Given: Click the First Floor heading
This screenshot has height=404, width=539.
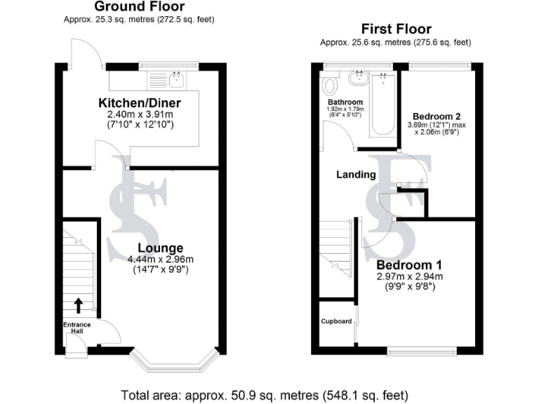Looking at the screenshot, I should coord(396,29).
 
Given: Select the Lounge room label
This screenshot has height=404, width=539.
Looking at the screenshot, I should coord(160,248).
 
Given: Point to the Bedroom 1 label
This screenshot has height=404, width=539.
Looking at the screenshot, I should coord(409,265).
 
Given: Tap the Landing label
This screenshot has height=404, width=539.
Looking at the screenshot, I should coord(357,174).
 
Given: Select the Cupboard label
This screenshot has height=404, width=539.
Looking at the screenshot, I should coord(336,321).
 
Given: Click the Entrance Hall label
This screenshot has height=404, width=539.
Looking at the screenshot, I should coord(78,327).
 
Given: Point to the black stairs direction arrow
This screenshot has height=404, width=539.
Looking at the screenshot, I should coord(78,304).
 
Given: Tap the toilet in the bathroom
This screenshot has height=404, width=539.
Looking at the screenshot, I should coord(330,86).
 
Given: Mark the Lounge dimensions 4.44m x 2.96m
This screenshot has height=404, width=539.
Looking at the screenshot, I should coord(160,260).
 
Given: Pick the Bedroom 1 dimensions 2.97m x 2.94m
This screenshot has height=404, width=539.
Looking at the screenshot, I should coord(409,276).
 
